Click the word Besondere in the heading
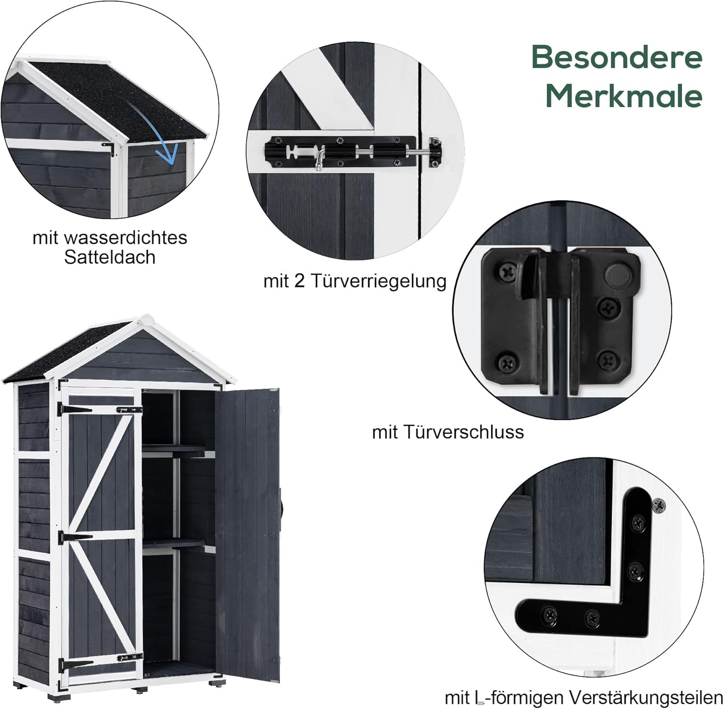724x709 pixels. tap(617, 58)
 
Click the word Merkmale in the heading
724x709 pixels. tap(624, 96)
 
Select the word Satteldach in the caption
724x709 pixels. tap(110, 257)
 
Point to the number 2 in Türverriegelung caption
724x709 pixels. tap(299, 281)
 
